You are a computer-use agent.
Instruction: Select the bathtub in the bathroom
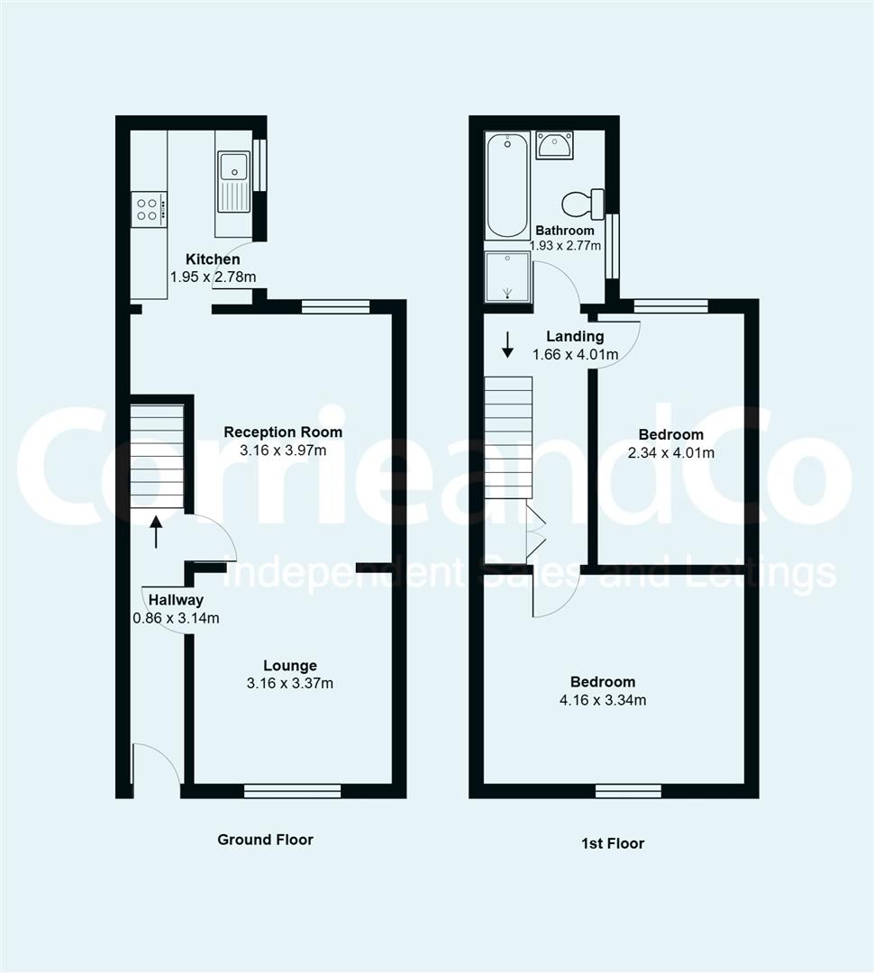click(x=506, y=186)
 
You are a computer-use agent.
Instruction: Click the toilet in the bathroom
click(x=582, y=204)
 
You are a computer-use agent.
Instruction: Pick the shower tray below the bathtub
click(x=507, y=276)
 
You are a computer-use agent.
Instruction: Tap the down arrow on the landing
click(x=507, y=344)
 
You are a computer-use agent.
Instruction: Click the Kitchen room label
click(x=213, y=259)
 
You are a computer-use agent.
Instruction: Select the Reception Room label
click(x=283, y=432)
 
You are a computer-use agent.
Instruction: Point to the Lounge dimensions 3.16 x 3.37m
click(x=290, y=683)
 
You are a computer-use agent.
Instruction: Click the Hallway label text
click(x=176, y=600)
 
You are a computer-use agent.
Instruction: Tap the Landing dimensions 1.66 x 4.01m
click(x=576, y=354)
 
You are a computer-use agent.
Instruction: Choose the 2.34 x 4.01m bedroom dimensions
click(x=665, y=452)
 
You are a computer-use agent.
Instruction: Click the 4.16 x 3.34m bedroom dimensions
click(x=602, y=700)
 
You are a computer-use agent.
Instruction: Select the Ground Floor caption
click(x=265, y=840)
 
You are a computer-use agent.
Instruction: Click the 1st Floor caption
click(x=612, y=843)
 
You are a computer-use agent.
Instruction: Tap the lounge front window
click(x=292, y=791)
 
